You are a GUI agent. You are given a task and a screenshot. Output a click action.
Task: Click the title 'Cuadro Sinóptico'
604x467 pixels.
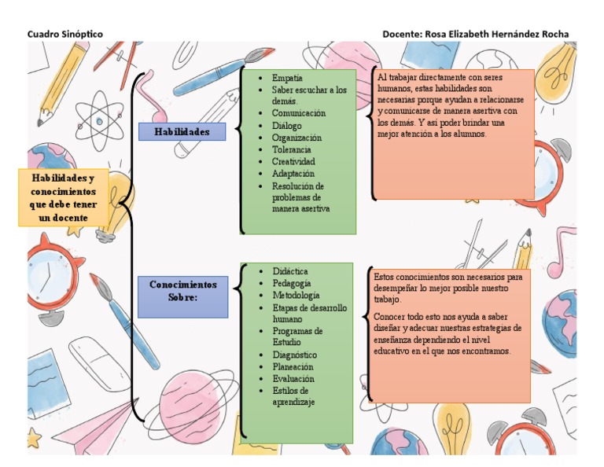pyautogui.click(x=65, y=35)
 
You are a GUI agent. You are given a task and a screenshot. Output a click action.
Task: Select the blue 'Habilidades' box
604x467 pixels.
pyautogui.click(x=182, y=131)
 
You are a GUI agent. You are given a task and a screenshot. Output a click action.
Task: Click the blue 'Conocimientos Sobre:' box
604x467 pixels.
pyautogui.click(x=183, y=296)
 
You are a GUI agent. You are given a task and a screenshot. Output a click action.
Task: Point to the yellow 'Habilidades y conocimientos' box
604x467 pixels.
pyautogui.click(x=64, y=197)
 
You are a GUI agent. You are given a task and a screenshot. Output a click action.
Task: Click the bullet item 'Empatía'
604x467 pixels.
pyautogui.click(x=287, y=78)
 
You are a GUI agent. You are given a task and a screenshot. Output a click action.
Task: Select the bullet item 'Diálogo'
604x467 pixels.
pyautogui.click(x=286, y=126)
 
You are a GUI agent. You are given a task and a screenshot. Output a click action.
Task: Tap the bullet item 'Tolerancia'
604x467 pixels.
pyautogui.click(x=291, y=149)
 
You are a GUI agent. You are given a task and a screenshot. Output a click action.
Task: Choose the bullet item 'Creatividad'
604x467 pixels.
pyautogui.click(x=293, y=161)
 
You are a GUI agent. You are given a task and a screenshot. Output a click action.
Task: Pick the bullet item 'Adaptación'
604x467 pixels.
pyautogui.click(x=293, y=174)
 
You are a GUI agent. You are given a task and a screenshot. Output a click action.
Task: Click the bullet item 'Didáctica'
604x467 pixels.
pyautogui.click(x=290, y=271)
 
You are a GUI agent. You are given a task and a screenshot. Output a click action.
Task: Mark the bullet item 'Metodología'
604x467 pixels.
pyautogui.click(x=296, y=296)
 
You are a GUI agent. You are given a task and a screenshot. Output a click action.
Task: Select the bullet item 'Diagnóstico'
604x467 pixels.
pyautogui.click(x=295, y=355)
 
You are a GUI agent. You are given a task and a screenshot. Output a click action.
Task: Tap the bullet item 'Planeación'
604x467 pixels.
pyautogui.click(x=293, y=366)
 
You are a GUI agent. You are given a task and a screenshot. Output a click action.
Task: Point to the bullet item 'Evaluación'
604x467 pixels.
pyautogui.click(x=293, y=378)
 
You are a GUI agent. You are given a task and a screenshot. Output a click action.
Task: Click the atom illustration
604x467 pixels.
pyautogui.click(x=99, y=122)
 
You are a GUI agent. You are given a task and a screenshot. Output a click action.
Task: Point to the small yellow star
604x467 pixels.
pyautogui.click(x=34, y=438)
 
